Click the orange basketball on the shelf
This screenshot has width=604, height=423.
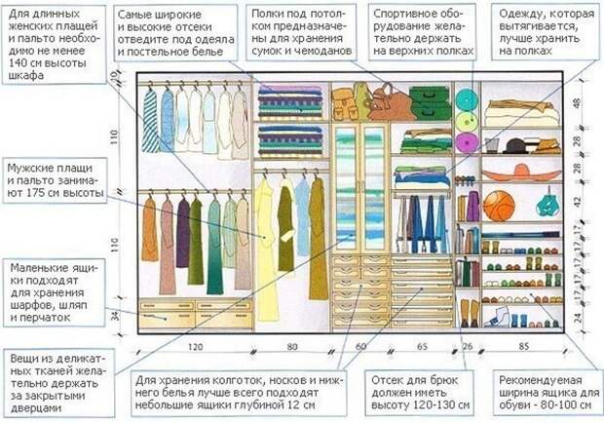(x=498, y=206)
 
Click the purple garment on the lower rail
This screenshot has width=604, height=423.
(x=183, y=234)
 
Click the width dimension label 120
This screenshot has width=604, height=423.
(x=195, y=347)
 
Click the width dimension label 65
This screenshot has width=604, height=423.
(x=422, y=347)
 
